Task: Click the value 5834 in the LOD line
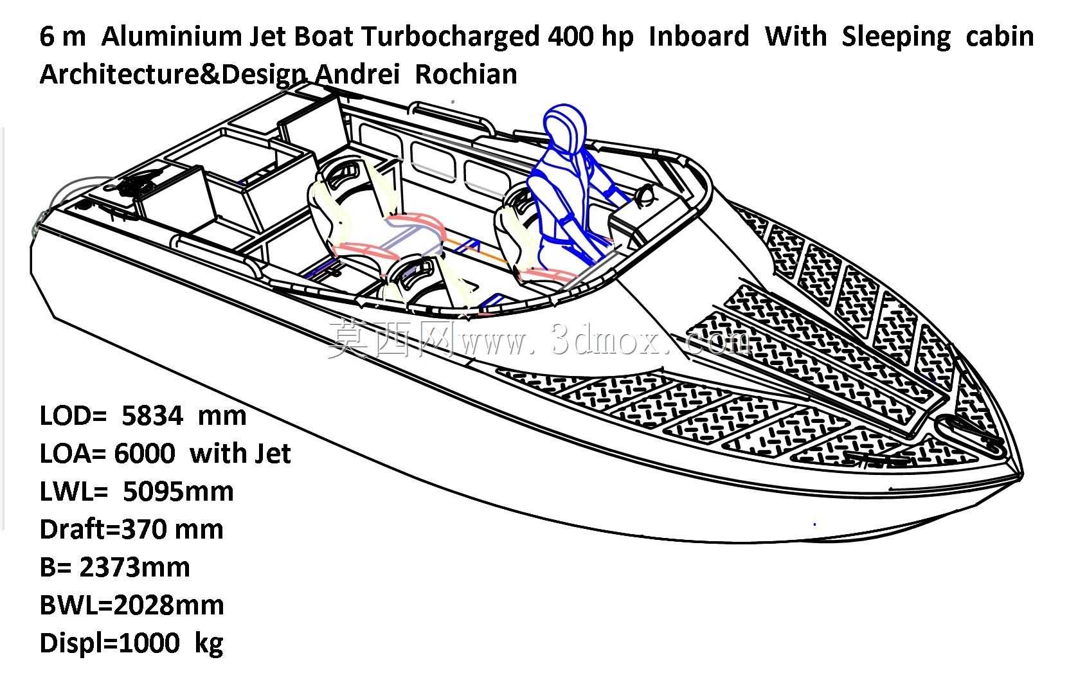[152, 415]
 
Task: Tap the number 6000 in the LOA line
[145, 453]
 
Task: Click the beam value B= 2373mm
[115, 568]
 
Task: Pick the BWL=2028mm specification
[132, 605]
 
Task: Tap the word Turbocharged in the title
[451, 37]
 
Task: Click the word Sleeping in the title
[896, 37]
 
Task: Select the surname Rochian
[466, 75]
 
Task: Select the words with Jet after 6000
[240, 453]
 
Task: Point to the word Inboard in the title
[699, 36]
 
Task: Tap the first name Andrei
[357, 75]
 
